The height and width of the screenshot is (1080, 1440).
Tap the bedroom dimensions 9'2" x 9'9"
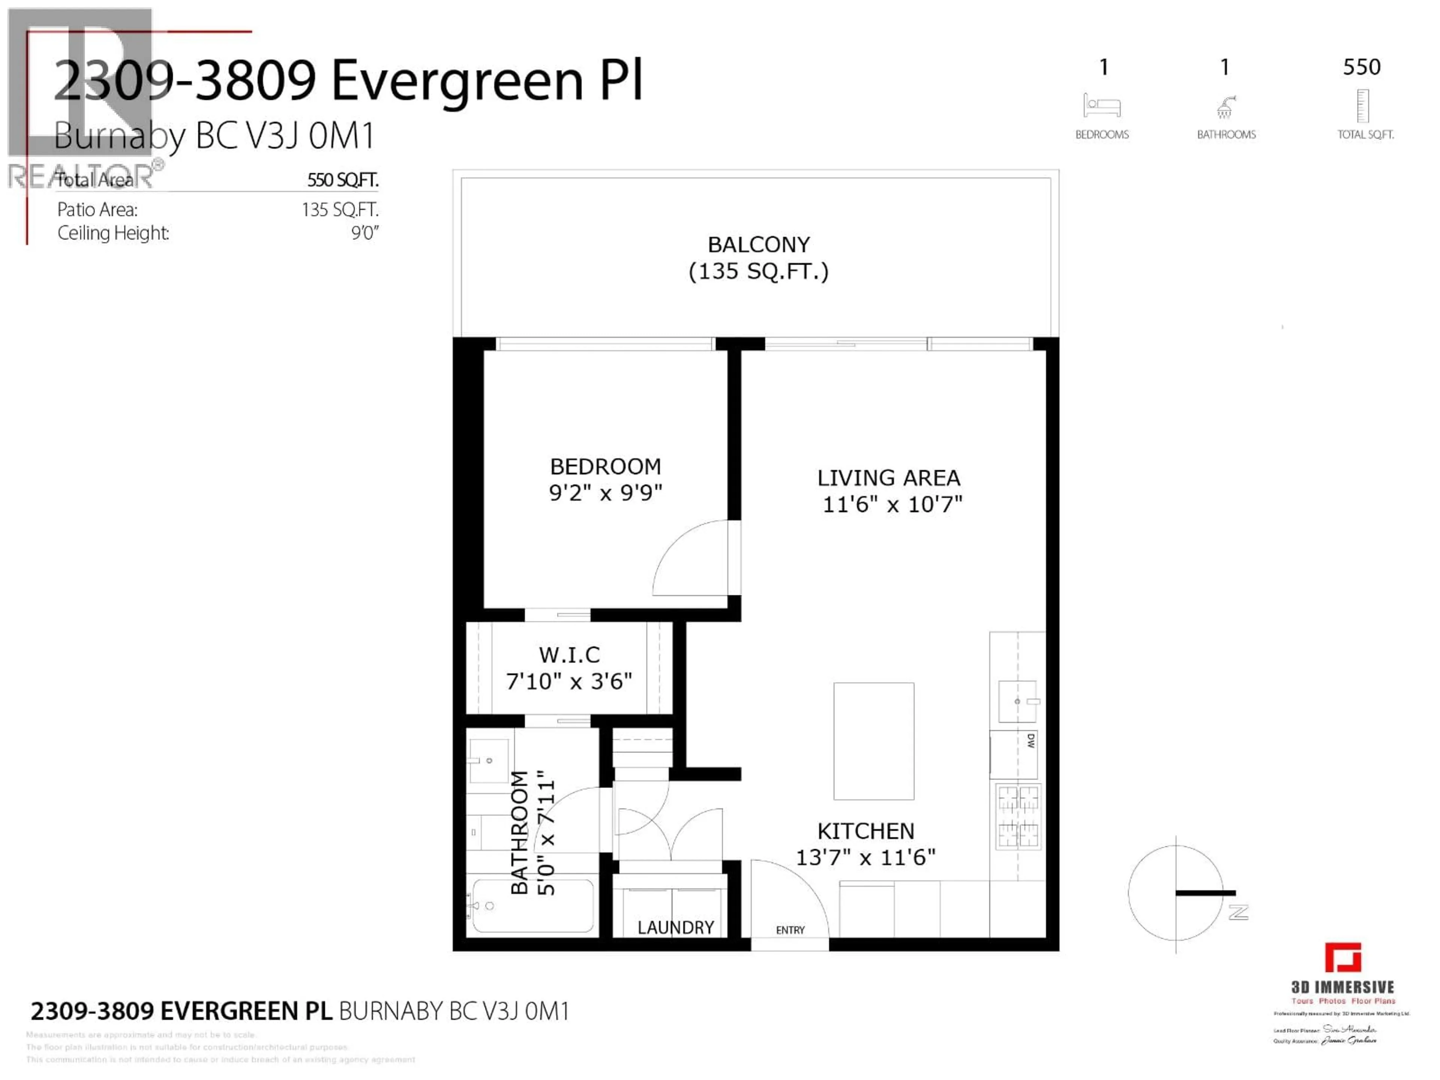click(x=605, y=493)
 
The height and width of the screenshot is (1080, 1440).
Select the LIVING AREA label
click(x=889, y=478)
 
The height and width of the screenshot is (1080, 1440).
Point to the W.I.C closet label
click(x=569, y=654)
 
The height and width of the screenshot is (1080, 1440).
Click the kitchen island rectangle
click(x=874, y=741)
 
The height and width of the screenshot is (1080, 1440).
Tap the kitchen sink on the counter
click(x=1017, y=701)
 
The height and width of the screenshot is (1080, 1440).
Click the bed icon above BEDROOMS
click(x=1101, y=105)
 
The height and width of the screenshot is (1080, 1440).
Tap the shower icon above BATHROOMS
click(x=1225, y=107)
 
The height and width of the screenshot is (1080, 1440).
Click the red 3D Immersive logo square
click(x=1342, y=958)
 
